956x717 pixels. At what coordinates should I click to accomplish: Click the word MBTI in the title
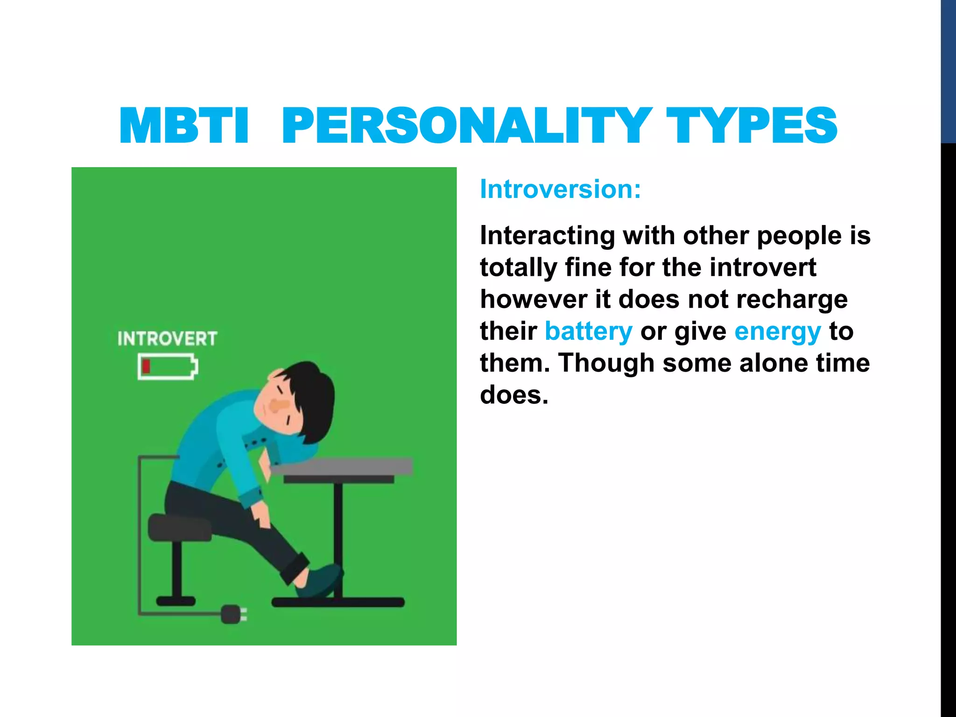click(x=184, y=126)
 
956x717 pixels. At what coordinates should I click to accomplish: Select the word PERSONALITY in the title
click(x=467, y=126)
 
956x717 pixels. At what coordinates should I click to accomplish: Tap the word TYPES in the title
click(x=752, y=126)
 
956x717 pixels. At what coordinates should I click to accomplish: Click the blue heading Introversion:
click(x=560, y=190)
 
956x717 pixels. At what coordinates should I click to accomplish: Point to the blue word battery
click(x=588, y=331)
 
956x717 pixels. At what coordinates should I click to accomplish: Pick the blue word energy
click(x=777, y=331)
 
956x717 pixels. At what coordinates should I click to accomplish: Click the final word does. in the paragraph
click(x=513, y=395)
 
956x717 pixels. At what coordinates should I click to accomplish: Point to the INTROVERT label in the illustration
click(x=167, y=338)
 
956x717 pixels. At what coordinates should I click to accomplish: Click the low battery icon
click(x=168, y=367)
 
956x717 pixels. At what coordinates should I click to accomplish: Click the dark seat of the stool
click(x=180, y=527)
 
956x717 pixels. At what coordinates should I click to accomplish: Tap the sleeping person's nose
click(x=279, y=406)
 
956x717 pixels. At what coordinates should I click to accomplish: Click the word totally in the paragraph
click(x=518, y=268)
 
